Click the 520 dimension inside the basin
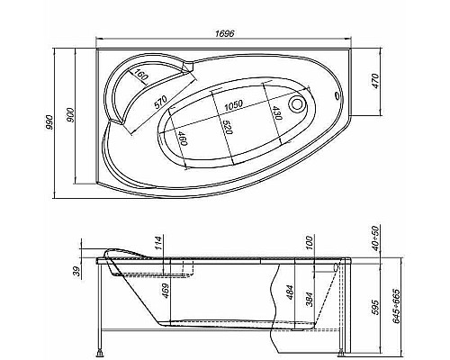227,129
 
